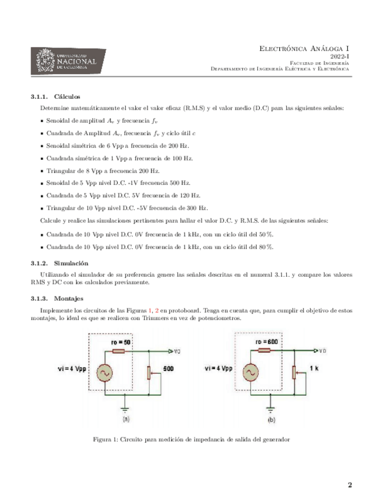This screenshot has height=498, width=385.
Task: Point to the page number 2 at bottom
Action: (350, 485)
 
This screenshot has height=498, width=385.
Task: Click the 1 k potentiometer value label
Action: (314, 370)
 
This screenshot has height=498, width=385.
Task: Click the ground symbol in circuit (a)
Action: (125, 410)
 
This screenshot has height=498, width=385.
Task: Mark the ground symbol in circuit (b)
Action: (271, 409)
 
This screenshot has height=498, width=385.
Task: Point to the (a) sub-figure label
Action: (125, 420)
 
